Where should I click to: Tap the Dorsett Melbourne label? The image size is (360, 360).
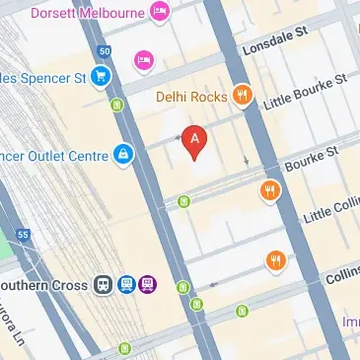(x=87, y=14)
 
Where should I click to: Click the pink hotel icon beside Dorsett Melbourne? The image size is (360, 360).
(x=160, y=13)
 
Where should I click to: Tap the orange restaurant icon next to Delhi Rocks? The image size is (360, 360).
(x=242, y=96)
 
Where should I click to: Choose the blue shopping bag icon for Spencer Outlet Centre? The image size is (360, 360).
(x=123, y=155)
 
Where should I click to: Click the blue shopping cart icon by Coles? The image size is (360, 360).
(x=100, y=75)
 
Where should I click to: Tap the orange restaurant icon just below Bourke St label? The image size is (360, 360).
(x=268, y=190)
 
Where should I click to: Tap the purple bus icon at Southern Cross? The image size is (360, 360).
(x=147, y=284)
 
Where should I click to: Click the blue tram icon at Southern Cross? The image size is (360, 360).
(x=125, y=284)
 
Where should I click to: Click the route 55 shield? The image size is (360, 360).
(x=23, y=235)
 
